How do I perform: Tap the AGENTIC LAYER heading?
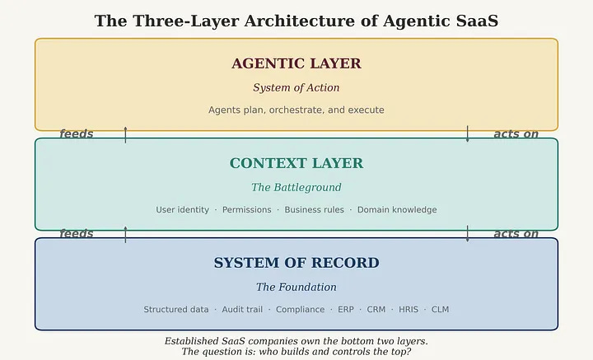(296, 63)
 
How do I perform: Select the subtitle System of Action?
(296, 87)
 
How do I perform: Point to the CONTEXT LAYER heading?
(296, 163)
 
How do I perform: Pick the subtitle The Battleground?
(296, 187)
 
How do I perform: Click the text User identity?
(183, 210)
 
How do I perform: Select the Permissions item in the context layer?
(246, 210)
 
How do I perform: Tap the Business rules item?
(314, 210)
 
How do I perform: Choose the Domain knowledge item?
(397, 210)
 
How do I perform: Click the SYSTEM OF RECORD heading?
(296, 263)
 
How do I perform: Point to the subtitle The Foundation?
(296, 287)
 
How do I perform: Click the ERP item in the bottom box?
(345, 310)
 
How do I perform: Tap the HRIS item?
(409, 310)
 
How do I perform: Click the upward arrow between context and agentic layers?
(125, 134)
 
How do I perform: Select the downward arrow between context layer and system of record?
(467, 234)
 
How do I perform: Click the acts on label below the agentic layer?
(516, 134)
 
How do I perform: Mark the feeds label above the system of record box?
(77, 234)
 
